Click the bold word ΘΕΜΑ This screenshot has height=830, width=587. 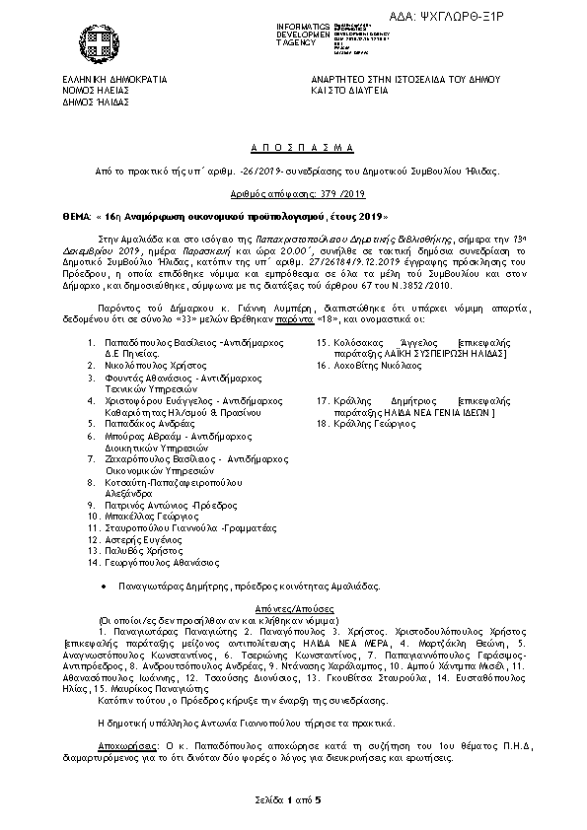tap(76, 215)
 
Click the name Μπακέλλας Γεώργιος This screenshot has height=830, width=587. tap(150, 515)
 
